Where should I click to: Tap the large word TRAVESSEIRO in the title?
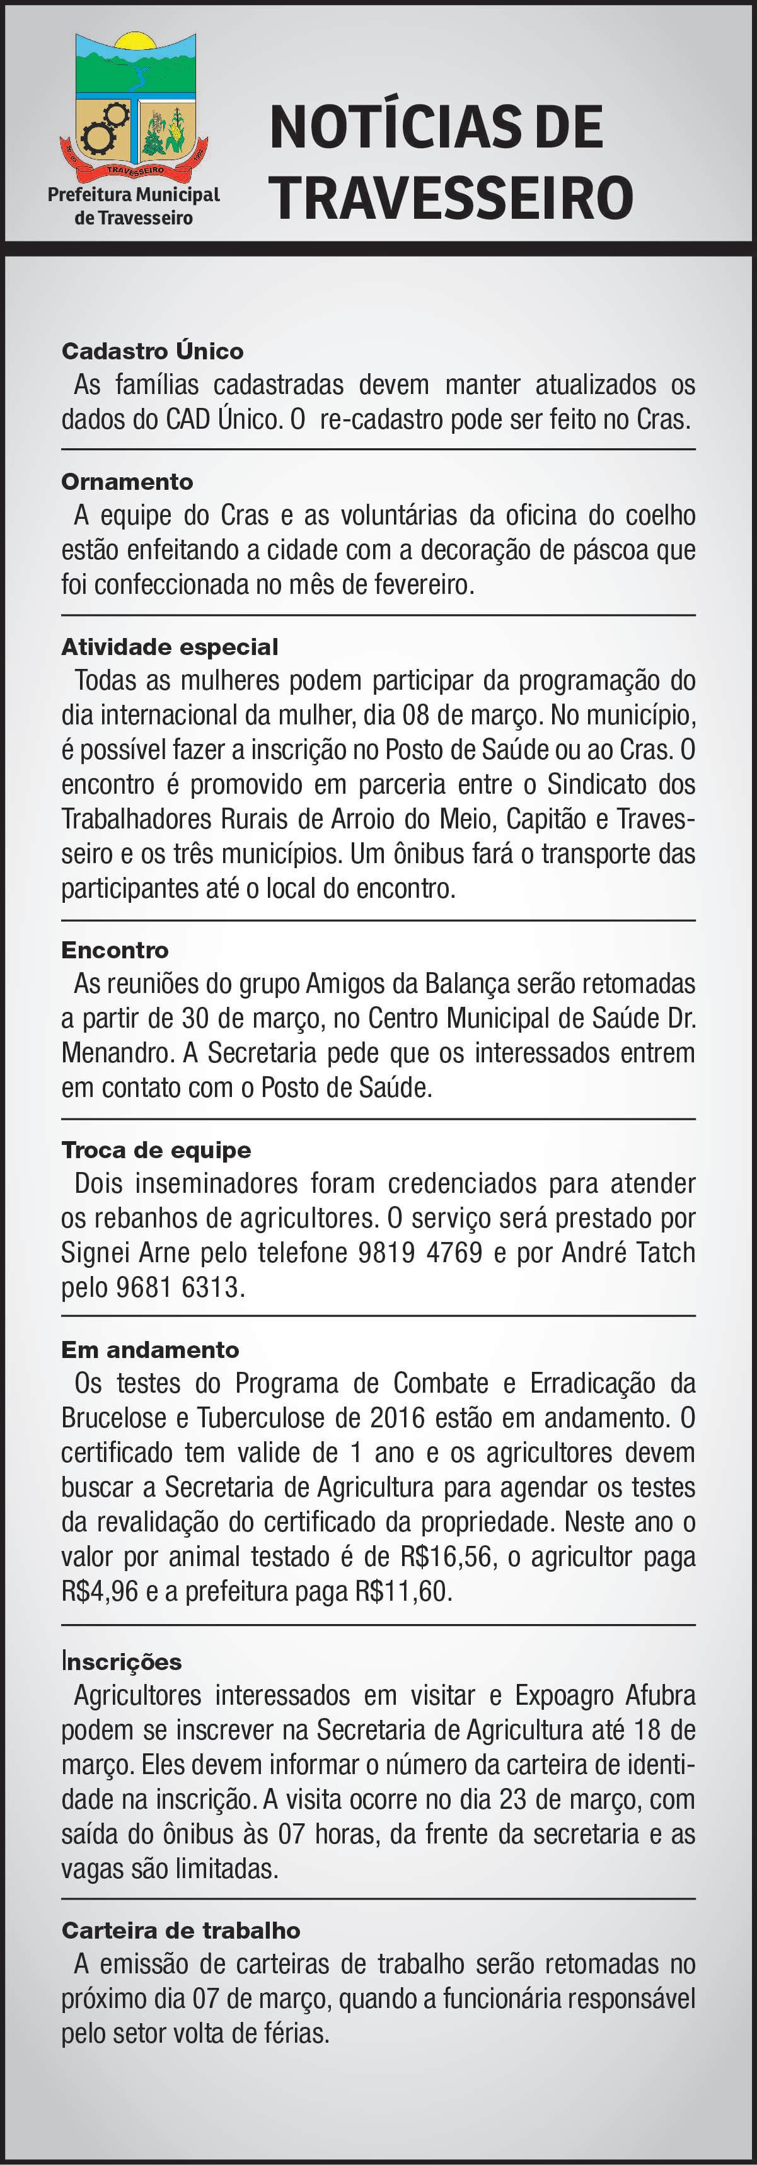pyautogui.click(x=451, y=197)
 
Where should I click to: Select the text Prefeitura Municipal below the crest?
pyautogui.click(x=134, y=195)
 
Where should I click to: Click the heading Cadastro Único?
pyautogui.click(x=152, y=351)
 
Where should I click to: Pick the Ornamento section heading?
pyautogui.click(x=127, y=482)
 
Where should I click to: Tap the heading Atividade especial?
pyautogui.click(x=170, y=646)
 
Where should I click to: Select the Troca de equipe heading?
pyautogui.click(x=156, y=1150)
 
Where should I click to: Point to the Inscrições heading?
pyautogui.click(x=121, y=1661)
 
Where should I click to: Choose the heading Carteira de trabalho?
pyautogui.click(x=181, y=1930)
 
